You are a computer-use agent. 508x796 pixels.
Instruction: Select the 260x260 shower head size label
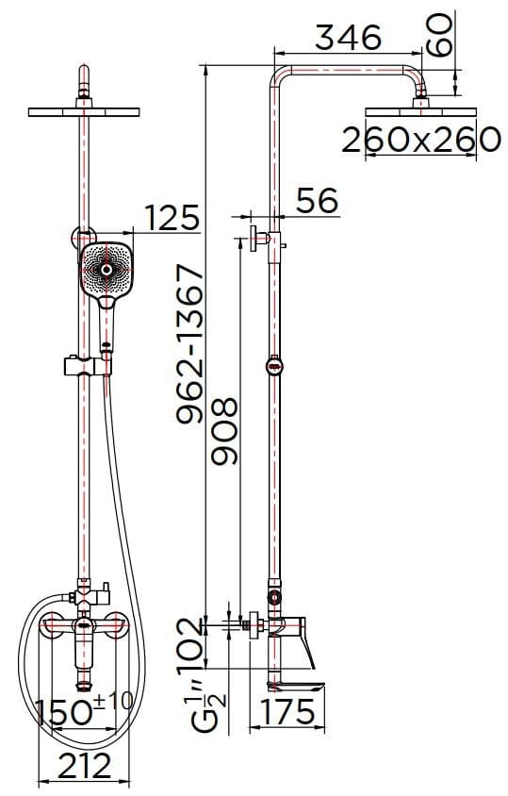(419, 141)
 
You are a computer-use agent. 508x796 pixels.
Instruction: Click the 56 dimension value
(317, 200)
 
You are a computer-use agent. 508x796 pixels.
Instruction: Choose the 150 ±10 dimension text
(85, 708)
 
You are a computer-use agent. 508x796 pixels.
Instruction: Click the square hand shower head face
(107, 270)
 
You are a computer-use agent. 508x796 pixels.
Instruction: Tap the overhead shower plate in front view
(85, 112)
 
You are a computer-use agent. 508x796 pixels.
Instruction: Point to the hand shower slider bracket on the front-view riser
(88, 364)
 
